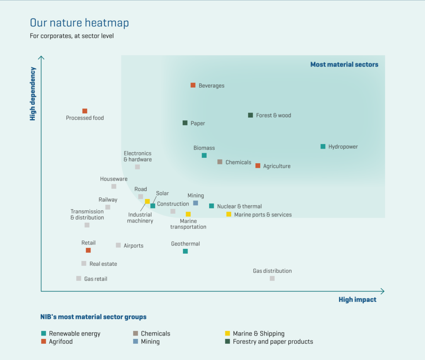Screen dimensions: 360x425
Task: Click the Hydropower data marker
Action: pos(323,147)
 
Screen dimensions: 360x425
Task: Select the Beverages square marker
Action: pos(193,85)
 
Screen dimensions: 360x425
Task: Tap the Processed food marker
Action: pos(85,111)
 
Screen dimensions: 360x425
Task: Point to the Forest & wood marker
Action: pos(250,115)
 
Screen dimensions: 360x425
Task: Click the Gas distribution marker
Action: pos(272,278)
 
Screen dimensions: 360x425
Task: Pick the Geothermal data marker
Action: pos(185,251)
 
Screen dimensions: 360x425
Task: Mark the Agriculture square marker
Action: pos(258,166)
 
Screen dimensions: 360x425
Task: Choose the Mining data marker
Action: pos(195,203)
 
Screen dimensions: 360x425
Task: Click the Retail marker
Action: pos(88,250)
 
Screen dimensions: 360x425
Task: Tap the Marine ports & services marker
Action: pos(229,214)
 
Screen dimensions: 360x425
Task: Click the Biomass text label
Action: pos(204,148)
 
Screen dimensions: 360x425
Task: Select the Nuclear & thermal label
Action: pos(239,206)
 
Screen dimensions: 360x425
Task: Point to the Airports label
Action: pos(134,246)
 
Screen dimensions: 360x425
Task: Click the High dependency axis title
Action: pos(33,94)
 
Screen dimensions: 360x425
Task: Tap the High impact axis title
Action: pos(357,300)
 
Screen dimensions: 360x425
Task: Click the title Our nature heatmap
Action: pos(79,22)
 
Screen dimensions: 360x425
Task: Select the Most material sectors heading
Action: pos(344,65)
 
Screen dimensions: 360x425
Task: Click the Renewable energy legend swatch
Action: pos(44,333)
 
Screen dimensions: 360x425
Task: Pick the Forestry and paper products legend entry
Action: pos(273,342)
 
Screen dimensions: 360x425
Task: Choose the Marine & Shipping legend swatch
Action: pos(227,333)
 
